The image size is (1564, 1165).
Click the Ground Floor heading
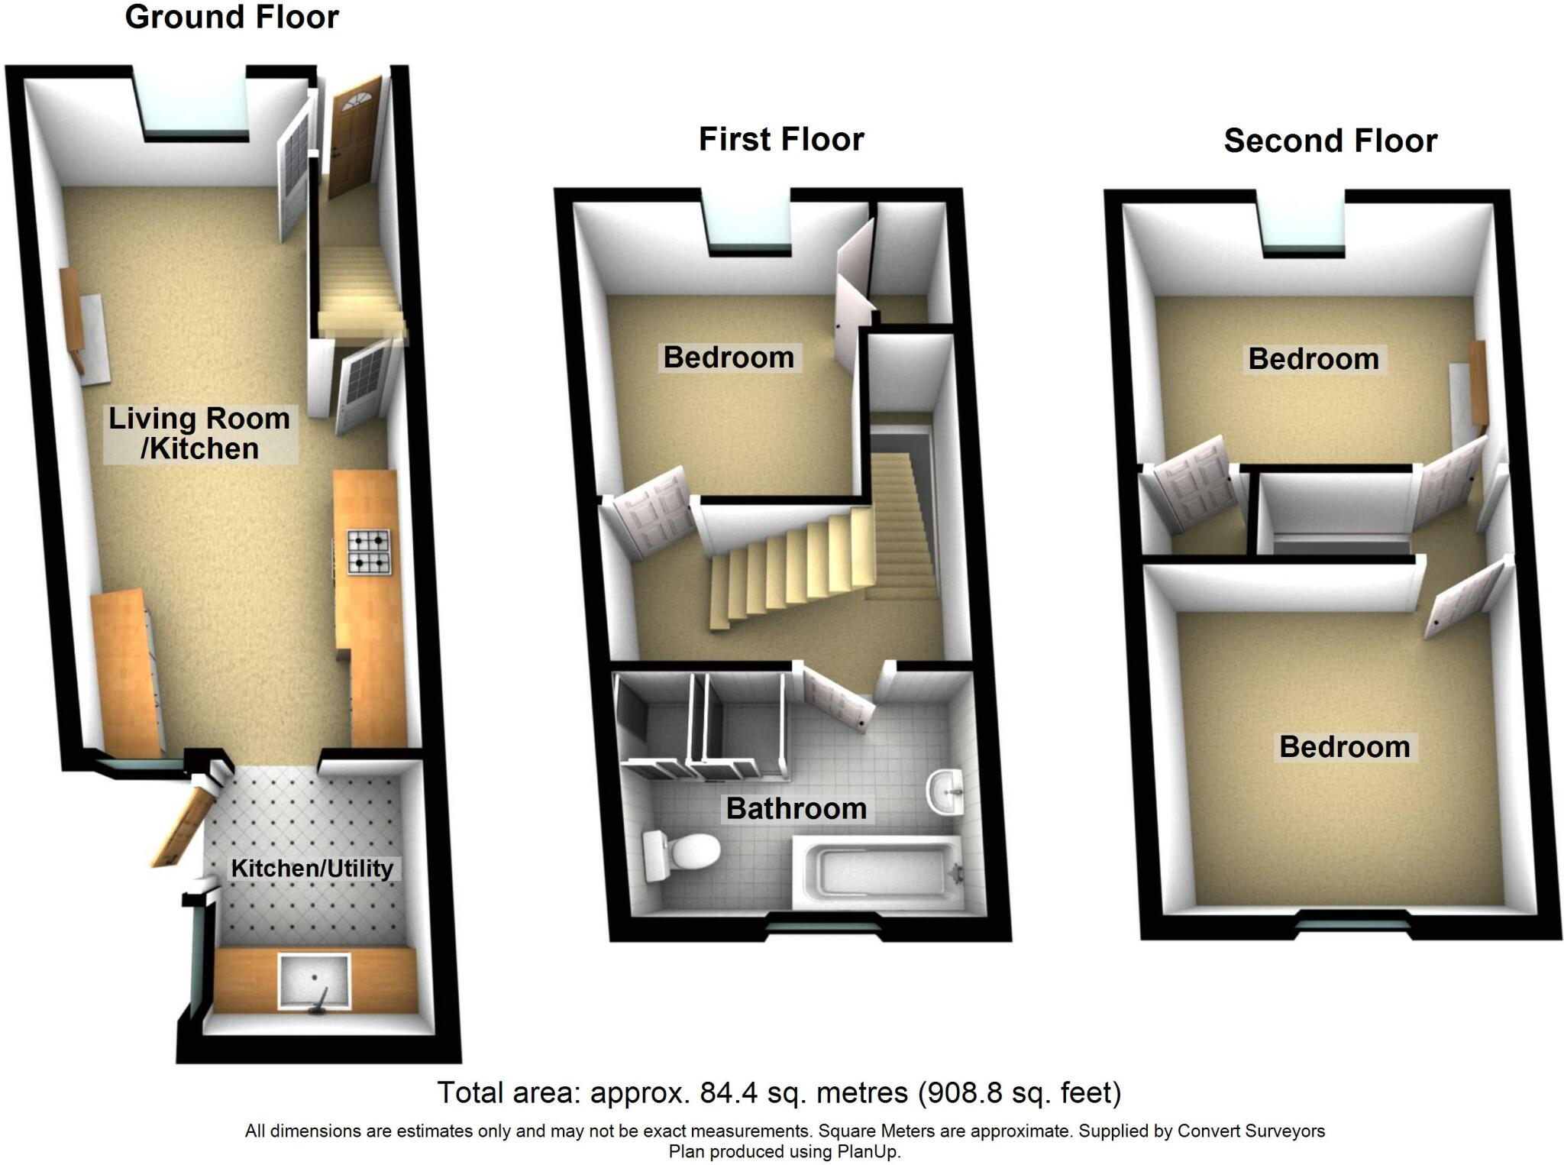pos(231,18)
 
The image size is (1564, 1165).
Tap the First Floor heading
pos(780,140)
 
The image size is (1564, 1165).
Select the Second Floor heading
pos(1330,141)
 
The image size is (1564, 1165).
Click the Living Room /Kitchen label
pos(200,434)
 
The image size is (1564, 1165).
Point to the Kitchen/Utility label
pos(312,869)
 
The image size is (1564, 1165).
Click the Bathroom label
pos(796,808)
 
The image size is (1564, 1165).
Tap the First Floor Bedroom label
pos(729,358)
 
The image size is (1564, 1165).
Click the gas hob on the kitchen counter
pos(370,552)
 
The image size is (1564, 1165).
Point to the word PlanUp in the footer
pos(875,1152)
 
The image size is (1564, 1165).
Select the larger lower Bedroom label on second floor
pos(1344,747)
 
